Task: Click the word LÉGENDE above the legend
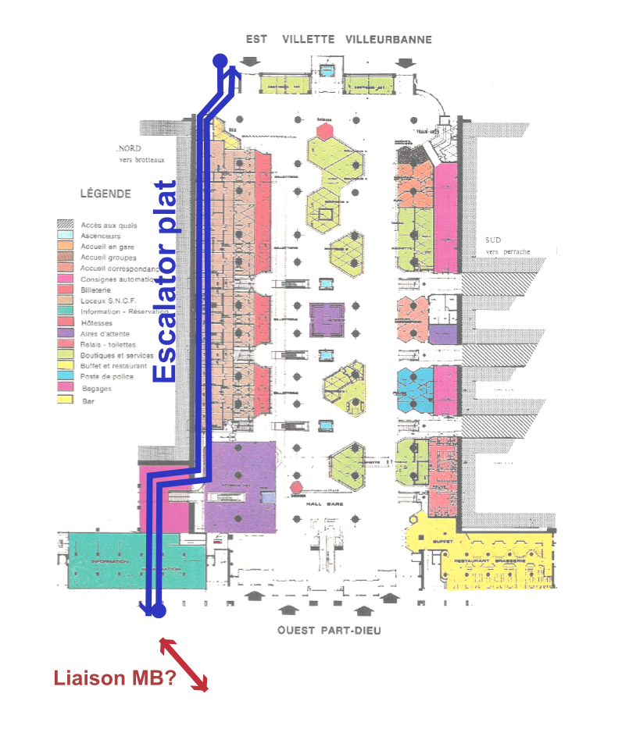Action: (x=105, y=194)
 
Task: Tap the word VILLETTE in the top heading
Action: (x=308, y=39)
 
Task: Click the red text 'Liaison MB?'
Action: (x=114, y=678)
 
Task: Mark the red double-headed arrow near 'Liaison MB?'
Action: (x=184, y=665)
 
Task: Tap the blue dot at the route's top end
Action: (x=220, y=60)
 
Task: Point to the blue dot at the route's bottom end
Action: (x=159, y=611)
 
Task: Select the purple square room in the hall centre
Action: (x=327, y=320)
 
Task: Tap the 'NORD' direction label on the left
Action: (x=127, y=149)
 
